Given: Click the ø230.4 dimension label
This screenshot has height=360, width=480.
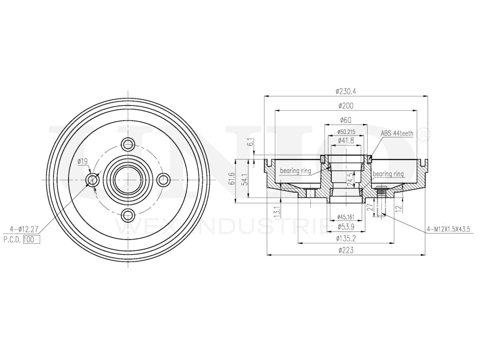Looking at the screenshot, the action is [346, 91].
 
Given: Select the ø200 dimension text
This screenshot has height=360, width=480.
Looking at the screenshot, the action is [346, 106].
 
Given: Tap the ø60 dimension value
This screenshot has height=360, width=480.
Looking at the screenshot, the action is [345, 120].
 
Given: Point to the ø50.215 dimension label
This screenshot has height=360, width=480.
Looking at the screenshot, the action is [346, 132].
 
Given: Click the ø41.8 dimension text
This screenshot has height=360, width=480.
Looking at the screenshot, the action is [346, 140].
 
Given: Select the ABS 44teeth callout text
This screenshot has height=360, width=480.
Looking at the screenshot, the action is [397, 133].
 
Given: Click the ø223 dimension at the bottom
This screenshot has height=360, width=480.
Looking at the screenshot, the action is [346, 250].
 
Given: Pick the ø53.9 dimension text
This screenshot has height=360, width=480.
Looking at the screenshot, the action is [346, 226].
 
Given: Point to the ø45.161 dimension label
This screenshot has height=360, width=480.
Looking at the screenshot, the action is [346, 217].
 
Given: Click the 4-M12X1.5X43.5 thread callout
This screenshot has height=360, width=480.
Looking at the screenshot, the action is [451, 228].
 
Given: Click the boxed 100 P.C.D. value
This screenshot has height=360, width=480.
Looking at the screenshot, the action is [31, 240].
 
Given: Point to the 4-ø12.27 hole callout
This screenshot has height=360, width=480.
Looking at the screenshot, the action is [23, 228].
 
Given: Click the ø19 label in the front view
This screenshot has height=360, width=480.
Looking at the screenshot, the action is [82, 162].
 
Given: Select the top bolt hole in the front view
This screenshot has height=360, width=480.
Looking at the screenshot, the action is [128, 143].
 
